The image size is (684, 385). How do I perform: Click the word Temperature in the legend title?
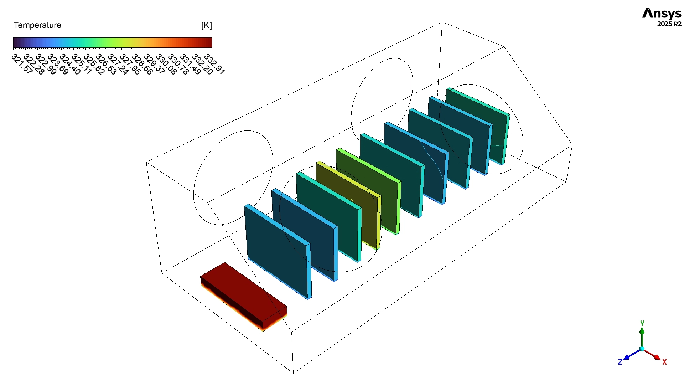tap(37, 25)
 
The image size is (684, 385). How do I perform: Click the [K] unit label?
tap(206, 25)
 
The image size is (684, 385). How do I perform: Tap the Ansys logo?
tap(662, 14)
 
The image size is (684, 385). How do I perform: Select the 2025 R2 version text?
tap(669, 24)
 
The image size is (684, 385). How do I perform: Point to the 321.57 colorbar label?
tap(22, 64)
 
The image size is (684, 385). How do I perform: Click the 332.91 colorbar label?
tap(214, 64)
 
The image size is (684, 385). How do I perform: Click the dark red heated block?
tap(244, 295)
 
